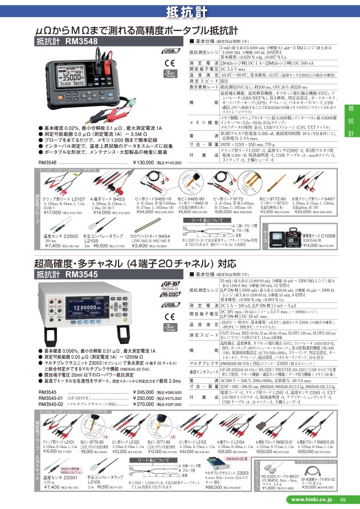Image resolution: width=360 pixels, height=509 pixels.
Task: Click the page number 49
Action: [343, 501]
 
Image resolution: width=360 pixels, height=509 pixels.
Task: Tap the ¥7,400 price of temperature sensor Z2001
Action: [52, 488]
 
